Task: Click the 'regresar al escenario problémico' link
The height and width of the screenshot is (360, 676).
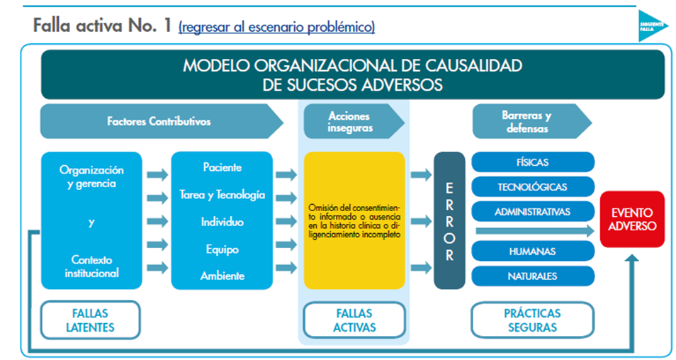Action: (x=276, y=28)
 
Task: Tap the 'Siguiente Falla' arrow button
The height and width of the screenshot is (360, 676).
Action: (x=651, y=26)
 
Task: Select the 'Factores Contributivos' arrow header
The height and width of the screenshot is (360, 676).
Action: (x=160, y=121)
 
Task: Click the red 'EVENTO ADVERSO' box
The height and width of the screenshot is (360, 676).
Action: (x=632, y=219)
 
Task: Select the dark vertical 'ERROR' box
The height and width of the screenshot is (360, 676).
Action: (x=449, y=220)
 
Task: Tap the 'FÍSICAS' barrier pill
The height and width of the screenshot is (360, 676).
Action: (x=533, y=162)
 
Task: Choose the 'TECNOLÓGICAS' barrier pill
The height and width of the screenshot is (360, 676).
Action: (x=533, y=187)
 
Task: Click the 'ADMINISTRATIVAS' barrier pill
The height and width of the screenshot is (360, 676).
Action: (x=533, y=211)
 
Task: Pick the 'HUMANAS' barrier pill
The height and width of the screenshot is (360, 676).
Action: (x=533, y=252)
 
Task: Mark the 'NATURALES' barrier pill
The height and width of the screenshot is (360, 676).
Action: (x=533, y=276)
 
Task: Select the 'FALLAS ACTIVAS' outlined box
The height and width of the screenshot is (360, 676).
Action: (x=354, y=320)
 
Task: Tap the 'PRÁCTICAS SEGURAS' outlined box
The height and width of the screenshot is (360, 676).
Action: (x=533, y=320)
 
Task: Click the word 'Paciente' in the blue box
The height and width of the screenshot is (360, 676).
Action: (x=222, y=168)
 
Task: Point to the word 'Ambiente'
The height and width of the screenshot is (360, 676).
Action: (x=222, y=276)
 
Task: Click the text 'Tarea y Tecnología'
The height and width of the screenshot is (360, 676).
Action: (x=222, y=195)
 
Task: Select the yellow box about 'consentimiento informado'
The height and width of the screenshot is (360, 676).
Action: (x=354, y=220)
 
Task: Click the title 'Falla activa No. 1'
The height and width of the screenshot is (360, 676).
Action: (x=102, y=26)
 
